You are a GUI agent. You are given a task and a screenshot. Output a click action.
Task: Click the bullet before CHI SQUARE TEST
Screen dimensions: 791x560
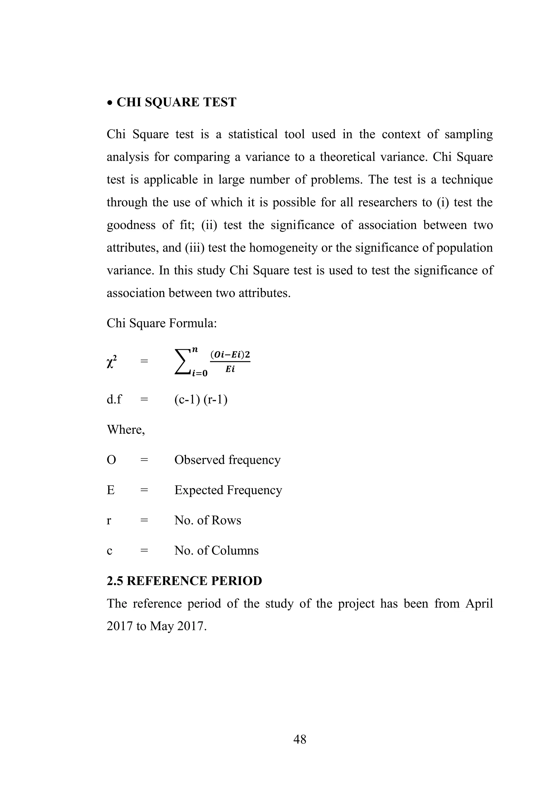110,103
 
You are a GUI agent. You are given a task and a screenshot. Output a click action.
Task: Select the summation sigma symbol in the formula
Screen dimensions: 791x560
183,361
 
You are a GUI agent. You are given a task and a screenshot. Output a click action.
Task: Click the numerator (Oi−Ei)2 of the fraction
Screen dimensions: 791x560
230,355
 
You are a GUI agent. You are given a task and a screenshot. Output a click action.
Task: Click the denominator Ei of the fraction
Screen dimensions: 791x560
230,369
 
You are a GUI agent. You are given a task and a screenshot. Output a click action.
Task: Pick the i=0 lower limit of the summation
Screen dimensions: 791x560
200,373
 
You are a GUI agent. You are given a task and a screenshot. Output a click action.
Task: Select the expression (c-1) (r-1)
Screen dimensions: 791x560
201,400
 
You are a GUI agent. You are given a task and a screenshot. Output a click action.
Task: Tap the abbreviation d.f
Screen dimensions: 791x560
114,400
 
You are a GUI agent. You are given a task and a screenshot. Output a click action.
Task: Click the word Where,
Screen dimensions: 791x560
126,430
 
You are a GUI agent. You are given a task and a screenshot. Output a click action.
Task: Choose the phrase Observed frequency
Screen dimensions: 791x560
227,460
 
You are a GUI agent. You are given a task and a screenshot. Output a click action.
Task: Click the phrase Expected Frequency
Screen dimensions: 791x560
228,490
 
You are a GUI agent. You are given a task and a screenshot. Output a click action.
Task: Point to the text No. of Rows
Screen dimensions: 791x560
208,520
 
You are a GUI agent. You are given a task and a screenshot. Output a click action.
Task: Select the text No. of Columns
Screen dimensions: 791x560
217,551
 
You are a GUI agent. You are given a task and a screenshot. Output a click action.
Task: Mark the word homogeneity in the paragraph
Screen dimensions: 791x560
283,248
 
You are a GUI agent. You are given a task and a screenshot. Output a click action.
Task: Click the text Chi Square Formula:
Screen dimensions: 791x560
162,323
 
